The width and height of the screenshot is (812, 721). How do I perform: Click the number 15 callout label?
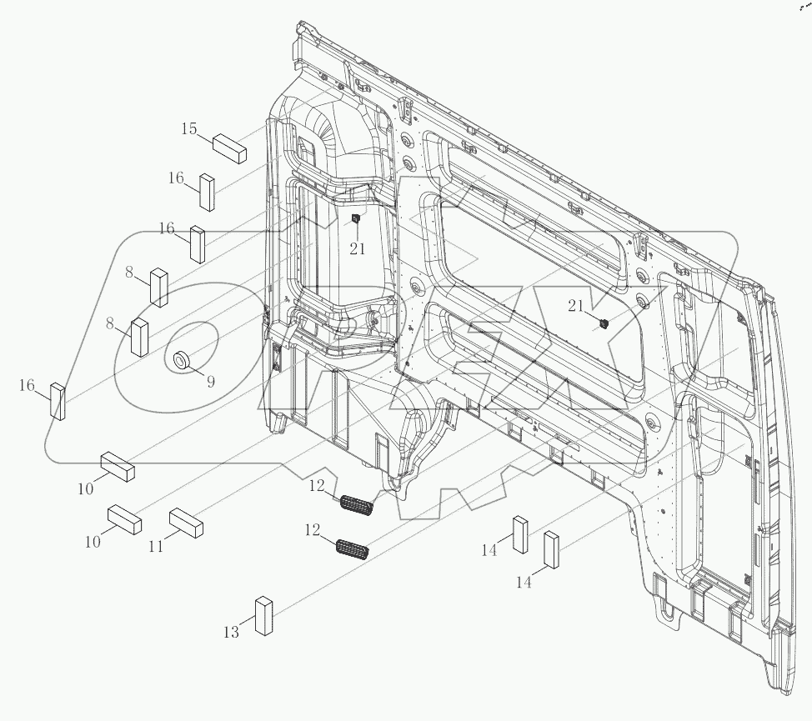(x=190, y=128)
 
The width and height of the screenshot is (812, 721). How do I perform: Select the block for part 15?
(x=231, y=147)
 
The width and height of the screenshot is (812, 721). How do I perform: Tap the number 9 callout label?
(x=210, y=382)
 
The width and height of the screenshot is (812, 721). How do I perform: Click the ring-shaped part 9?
(x=181, y=360)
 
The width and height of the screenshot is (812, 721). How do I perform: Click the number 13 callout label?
(x=231, y=633)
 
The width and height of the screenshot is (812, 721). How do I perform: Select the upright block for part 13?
(x=264, y=616)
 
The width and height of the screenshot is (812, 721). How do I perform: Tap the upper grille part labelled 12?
(x=357, y=503)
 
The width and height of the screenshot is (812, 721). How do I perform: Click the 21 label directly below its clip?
(x=357, y=249)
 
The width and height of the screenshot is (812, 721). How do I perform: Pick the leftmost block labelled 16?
(x=58, y=401)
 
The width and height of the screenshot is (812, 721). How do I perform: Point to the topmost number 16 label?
(x=176, y=178)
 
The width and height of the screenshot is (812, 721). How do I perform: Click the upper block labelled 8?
(x=158, y=288)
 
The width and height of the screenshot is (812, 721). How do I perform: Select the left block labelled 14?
(x=519, y=534)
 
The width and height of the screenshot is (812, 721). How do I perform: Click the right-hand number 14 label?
(x=523, y=583)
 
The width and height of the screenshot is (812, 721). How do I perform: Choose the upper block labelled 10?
(x=118, y=467)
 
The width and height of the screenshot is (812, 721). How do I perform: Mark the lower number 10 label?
(x=92, y=541)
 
